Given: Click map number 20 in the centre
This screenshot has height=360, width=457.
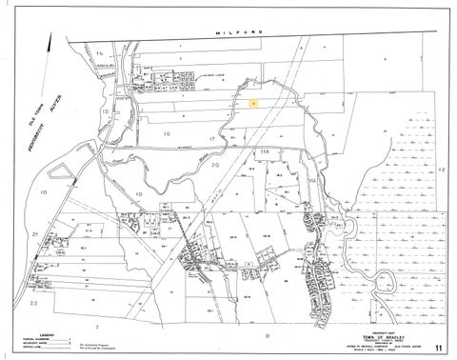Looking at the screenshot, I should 216,166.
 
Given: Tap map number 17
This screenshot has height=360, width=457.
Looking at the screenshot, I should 225,140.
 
